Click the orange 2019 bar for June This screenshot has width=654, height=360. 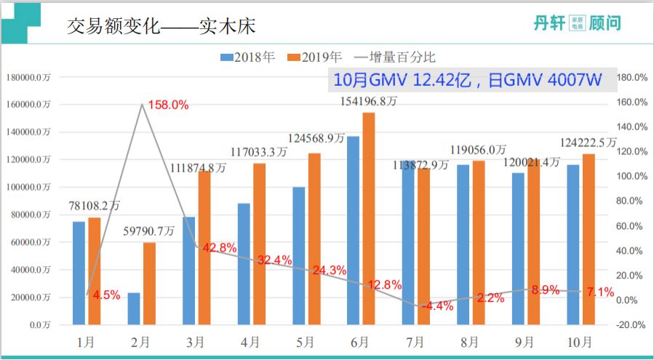click(369, 218)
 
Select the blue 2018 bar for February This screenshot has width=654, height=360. click(134, 308)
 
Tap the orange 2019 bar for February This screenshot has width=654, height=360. click(150, 284)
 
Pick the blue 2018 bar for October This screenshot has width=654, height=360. click(573, 244)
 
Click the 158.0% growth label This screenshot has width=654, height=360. click(168, 105)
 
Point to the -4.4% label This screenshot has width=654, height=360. click(438, 306)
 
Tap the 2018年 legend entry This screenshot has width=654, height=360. click(247, 56)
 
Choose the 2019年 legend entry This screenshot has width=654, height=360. click(315, 56)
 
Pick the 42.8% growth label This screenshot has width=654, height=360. click(220, 248)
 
